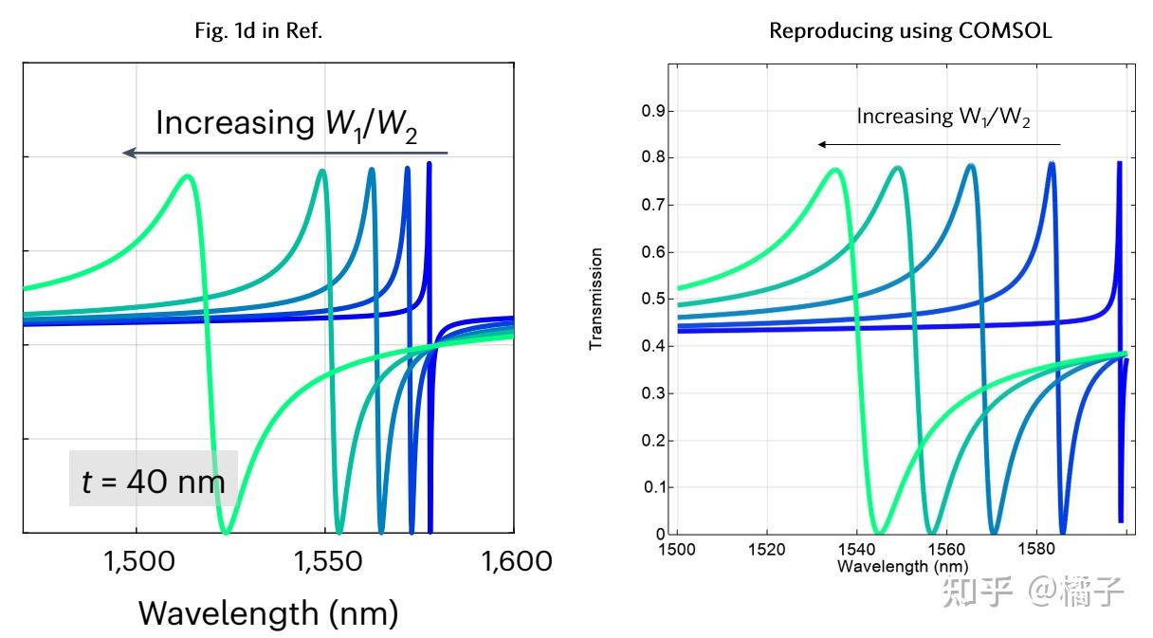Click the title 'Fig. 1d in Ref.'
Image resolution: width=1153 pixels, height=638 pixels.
pos(259,31)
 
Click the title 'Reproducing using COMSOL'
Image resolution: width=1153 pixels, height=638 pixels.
pos(910,31)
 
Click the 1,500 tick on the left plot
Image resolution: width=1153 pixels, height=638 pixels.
pos(136,561)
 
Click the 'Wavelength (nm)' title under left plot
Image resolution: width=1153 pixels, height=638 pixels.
pos(268,613)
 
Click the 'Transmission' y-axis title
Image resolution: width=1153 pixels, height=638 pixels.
pos(596,300)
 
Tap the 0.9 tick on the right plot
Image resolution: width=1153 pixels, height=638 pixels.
pos(654,111)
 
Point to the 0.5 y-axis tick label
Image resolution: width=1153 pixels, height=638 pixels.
pos(654,300)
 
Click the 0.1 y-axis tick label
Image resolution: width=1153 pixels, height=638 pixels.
pos(654,487)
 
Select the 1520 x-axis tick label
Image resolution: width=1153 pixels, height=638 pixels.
pos(766,550)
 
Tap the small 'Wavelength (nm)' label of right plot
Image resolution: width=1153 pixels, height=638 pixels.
pos(888,566)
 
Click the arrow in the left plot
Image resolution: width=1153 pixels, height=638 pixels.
pos(284,153)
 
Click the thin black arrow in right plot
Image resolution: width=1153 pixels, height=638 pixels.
pos(939,144)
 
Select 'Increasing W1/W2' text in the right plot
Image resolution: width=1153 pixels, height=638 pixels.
pos(943,118)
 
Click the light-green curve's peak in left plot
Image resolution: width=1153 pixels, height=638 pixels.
pos(188,176)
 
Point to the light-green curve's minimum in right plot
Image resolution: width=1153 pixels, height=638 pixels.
pos(879,533)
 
